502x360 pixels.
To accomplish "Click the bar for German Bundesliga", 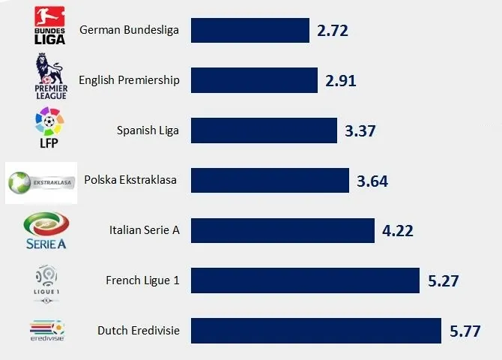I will (x=250, y=31).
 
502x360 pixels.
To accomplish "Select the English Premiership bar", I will (x=255, y=80).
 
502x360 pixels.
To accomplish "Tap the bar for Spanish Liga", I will (x=264, y=130).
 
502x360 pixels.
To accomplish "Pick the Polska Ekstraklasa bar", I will (x=270, y=180).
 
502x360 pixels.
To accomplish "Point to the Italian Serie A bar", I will (x=282, y=230).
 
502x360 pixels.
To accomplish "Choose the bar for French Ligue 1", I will (x=305, y=280).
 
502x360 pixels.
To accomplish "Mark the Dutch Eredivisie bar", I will (x=316, y=330).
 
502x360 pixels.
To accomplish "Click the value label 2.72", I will (x=333, y=31).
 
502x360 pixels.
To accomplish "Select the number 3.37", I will (x=360, y=131).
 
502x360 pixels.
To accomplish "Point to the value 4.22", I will (x=397, y=231).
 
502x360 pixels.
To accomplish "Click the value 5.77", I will (x=465, y=331).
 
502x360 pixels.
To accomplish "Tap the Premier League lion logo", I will (x=51, y=77).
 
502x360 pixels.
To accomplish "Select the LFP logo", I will (x=49, y=127).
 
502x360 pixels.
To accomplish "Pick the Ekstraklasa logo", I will (x=41, y=182).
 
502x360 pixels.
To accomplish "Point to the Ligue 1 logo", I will (x=47, y=283).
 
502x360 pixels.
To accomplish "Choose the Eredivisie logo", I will (x=47, y=331).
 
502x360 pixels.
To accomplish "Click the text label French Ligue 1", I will (x=142, y=280).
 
